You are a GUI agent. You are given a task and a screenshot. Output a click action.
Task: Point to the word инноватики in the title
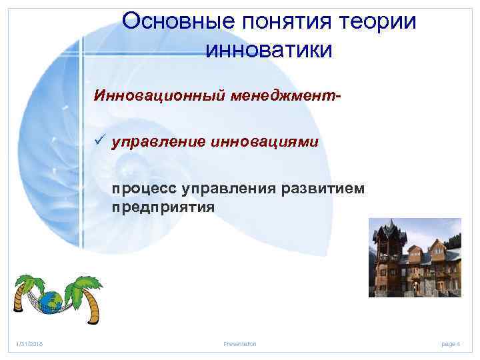(x=269, y=49)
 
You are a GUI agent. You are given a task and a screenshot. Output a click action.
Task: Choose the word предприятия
(x=163, y=207)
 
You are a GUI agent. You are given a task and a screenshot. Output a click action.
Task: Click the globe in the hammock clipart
(x=49, y=301)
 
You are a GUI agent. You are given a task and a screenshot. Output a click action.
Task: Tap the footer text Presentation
(x=240, y=343)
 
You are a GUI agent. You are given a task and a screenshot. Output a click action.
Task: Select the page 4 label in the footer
(x=451, y=343)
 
